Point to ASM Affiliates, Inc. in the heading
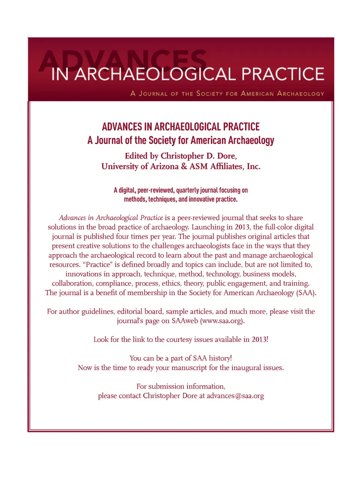225,166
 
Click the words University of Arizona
139,166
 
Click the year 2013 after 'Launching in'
242,227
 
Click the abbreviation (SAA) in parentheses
306,293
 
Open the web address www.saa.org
222,321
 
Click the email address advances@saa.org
235,396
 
